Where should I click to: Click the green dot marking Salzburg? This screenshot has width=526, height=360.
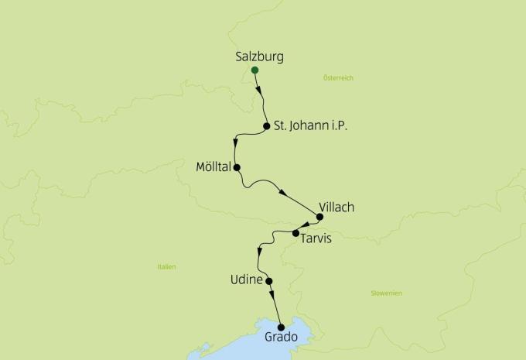pos(254,70)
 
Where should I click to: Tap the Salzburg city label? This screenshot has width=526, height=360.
pos(259,57)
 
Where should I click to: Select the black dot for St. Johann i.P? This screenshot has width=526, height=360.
pos(266,126)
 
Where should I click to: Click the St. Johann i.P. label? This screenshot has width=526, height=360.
pos(308,126)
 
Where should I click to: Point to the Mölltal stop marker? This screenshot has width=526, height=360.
pos(237,167)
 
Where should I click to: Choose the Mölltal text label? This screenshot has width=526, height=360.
pos(215,166)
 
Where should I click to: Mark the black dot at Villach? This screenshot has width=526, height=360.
pos(320,218)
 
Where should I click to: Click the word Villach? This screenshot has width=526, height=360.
pos(336,207)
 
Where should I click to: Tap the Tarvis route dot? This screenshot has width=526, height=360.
pos(295,232)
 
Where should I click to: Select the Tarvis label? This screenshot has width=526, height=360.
pos(316,238)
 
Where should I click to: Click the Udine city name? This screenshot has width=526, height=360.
pos(247,279)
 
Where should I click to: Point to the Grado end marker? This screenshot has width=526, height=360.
pos(281,327)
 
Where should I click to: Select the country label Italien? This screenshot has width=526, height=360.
pos(166,267)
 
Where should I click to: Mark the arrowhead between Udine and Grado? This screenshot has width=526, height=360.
pos(272,297)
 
